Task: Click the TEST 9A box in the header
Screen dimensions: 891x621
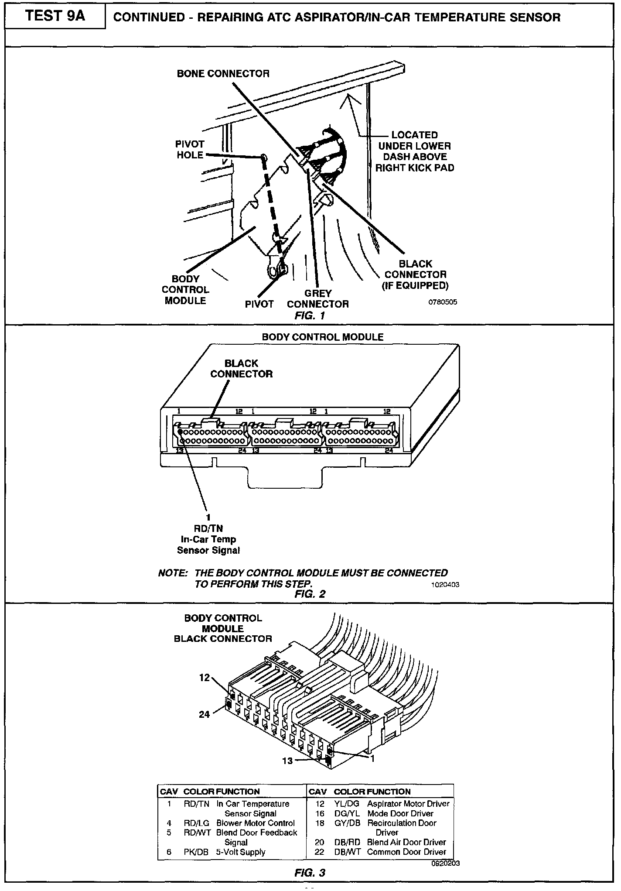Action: (x=55, y=16)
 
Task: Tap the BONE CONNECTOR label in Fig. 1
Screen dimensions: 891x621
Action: (x=223, y=74)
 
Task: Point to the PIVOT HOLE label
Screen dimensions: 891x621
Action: (x=190, y=149)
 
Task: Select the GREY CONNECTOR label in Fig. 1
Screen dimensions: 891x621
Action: (x=318, y=299)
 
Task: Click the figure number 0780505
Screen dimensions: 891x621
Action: (x=442, y=302)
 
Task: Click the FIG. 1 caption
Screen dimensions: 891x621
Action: (x=310, y=315)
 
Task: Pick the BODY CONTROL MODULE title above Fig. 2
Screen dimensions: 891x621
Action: (x=322, y=337)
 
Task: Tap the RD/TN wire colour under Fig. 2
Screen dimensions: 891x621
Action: (x=208, y=528)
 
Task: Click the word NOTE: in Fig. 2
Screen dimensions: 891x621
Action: (x=173, y=573)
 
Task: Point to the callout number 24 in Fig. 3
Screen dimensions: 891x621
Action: (x=204, y=714)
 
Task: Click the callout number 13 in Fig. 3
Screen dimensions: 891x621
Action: (x=287, y=761)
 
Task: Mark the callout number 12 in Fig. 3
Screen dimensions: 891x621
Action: (x=205, y=678)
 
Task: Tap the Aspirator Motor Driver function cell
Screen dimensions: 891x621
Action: (x=408, y=804)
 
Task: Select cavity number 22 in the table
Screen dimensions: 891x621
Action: (x=320, y=852)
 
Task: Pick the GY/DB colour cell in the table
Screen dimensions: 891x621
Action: (x=347, y=823)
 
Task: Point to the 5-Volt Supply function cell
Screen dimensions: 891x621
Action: (x=241, y=852)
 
